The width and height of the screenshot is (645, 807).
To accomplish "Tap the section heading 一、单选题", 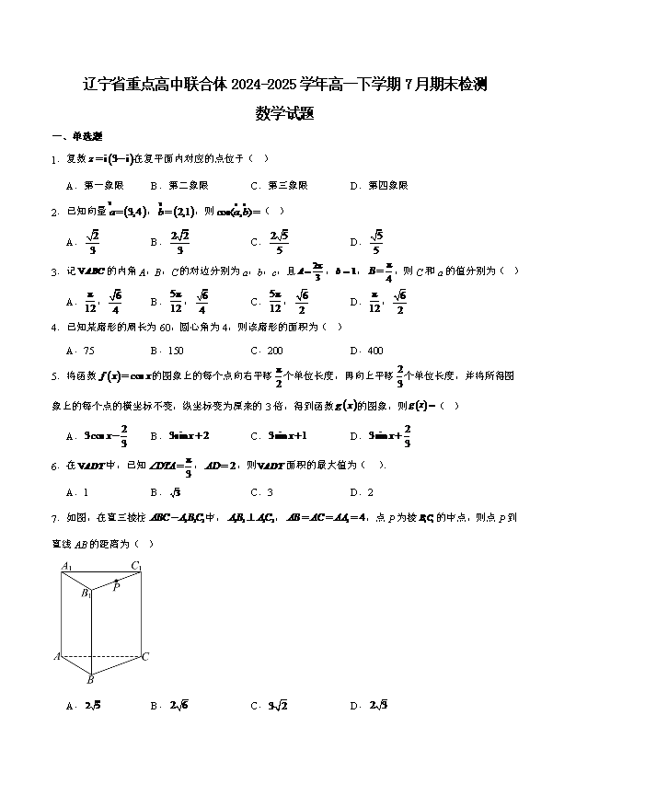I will [x=70, y=136].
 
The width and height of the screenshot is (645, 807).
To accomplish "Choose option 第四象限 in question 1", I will [x=388, y=185].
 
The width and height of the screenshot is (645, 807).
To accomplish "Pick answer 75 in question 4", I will [x=88, y=351].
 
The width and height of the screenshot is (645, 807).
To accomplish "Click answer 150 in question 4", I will [x=175, y=351].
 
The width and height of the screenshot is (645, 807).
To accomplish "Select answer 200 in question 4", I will [x=275, y=351].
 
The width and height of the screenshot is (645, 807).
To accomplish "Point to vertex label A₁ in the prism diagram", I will [x=66, y=566].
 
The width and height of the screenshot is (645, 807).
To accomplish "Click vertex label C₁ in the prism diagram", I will [x=136, y=566].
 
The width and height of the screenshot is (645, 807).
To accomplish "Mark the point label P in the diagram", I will [x=116, y=586].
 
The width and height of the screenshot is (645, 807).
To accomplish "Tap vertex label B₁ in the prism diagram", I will [x=85, y=594].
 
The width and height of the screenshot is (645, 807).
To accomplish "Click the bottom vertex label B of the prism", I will [x=90, y=681].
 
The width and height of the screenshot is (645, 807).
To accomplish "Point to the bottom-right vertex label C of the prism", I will [x=145, y=657].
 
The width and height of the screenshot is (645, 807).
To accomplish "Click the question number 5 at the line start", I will [x=55, y=375].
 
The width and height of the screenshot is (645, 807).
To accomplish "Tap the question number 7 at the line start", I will [x=55, y=518].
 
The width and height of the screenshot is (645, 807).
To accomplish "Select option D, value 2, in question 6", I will [x=370, y=492].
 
